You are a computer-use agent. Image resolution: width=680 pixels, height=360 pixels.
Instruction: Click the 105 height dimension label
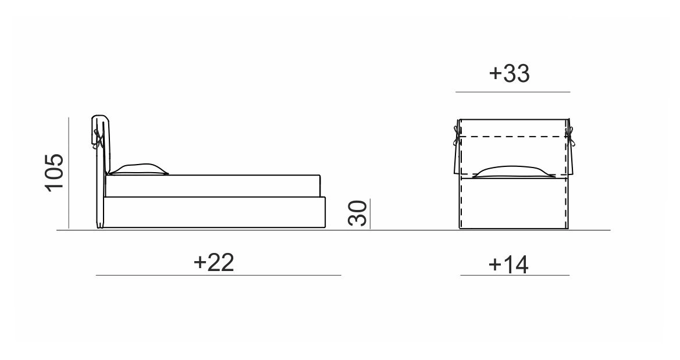pyautogui.click(x=55, y=172)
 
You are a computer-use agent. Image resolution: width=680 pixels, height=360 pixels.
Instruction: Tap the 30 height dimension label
pyautogui.click(x=358, y=213)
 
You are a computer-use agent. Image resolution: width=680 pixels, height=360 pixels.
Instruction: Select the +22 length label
pyautogui.click(x=214, y=262)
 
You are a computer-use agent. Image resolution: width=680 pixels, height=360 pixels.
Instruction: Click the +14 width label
pyautogui.click(x=508, y=264)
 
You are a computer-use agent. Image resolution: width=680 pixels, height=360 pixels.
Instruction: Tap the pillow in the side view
pyautogui.click(x=138, y=170)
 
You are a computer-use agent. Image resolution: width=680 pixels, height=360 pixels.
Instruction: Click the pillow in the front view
pyautogui.click(x=514, y=172)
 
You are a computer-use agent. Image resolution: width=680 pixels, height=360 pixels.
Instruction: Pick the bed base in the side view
pyautogui.click(x=215, y=212)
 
